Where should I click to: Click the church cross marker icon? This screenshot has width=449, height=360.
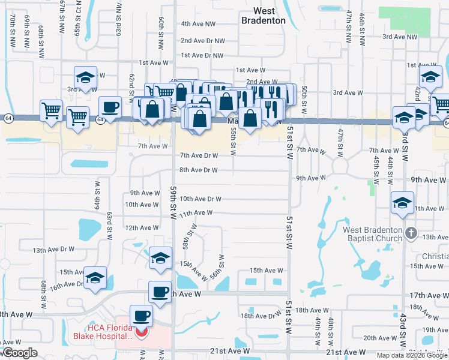coord(411,232)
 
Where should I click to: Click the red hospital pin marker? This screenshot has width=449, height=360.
coord(142,332)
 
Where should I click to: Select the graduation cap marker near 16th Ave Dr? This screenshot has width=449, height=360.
coord(95,278)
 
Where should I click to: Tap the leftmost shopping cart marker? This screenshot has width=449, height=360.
coord(51,110)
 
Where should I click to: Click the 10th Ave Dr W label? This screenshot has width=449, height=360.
coord(200,199)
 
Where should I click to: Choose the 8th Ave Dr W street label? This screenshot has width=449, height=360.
coord(198,170)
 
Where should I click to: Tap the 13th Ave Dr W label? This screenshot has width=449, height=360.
coord(53,250)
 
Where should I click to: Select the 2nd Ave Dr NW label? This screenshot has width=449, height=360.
coord(203,41)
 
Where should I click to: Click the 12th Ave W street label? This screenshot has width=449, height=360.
coord(142,228)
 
